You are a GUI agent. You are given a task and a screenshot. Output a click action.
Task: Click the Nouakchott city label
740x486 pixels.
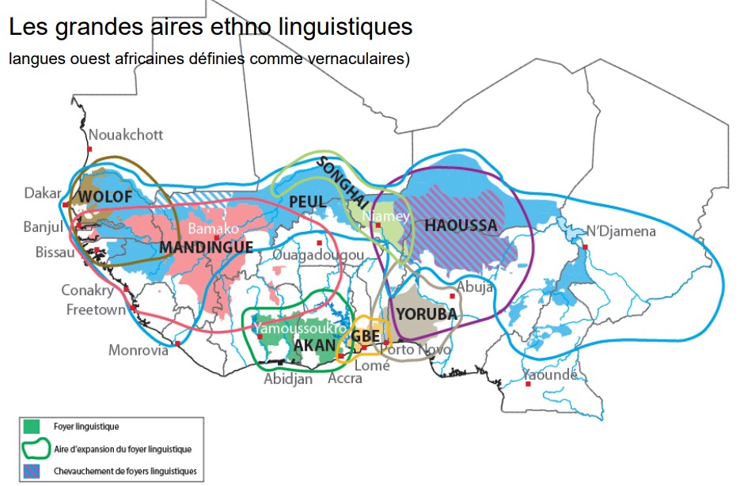[x=126, y=135]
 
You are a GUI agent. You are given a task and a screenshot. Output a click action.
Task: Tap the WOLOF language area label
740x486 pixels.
[x=105, y=195]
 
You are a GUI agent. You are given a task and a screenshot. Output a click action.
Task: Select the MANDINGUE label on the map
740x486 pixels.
[x=206, y=248]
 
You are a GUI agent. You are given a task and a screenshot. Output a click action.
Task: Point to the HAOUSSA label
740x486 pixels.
[x=461, y=226]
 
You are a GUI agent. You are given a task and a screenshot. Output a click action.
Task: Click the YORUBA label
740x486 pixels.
[x=427, y=314]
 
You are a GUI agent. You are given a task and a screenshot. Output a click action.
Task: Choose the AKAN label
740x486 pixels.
[x=314, y=345]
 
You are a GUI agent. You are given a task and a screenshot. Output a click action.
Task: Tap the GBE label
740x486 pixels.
[x=366, y=335]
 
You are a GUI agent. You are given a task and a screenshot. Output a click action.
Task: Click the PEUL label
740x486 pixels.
[x=307, y=202]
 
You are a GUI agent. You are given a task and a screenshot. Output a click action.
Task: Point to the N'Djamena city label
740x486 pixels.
[x=621, y=232]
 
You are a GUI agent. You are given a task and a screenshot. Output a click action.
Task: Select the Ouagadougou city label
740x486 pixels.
[x=318, y=256]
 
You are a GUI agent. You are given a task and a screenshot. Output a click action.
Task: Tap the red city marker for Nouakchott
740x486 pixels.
[x=90, y=149]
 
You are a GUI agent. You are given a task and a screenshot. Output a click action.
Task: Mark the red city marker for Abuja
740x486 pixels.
[x=453, y=296]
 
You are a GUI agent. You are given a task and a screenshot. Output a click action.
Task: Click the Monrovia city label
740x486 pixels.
[x=139, y=350]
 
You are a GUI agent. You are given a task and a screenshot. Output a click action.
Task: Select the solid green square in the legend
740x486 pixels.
[x=34, y=428]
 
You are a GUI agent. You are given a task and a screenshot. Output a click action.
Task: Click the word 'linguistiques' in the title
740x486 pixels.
[x=347, y=26]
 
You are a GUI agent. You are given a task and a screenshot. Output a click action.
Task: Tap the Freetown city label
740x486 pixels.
[x=96, y=309]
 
